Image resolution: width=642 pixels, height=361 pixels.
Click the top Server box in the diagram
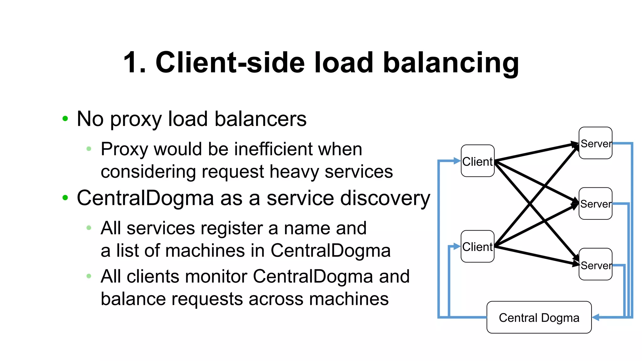(595, 143)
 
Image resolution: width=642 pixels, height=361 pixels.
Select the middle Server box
(595, 204)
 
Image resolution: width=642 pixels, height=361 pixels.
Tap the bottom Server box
(595, 264)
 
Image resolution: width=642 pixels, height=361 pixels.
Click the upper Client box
(477, 161)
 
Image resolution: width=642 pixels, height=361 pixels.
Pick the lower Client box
(477, 247)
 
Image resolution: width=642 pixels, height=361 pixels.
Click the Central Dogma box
(539, 317)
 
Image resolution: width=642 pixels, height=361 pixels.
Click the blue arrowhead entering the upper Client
(457, 161)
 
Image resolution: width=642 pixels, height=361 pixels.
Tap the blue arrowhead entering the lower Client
(457, 247)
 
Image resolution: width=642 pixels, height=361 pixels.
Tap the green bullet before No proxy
(65, 118)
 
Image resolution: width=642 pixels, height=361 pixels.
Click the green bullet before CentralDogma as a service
(65, 197)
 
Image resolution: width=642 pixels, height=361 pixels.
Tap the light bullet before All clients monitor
(89, 276)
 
